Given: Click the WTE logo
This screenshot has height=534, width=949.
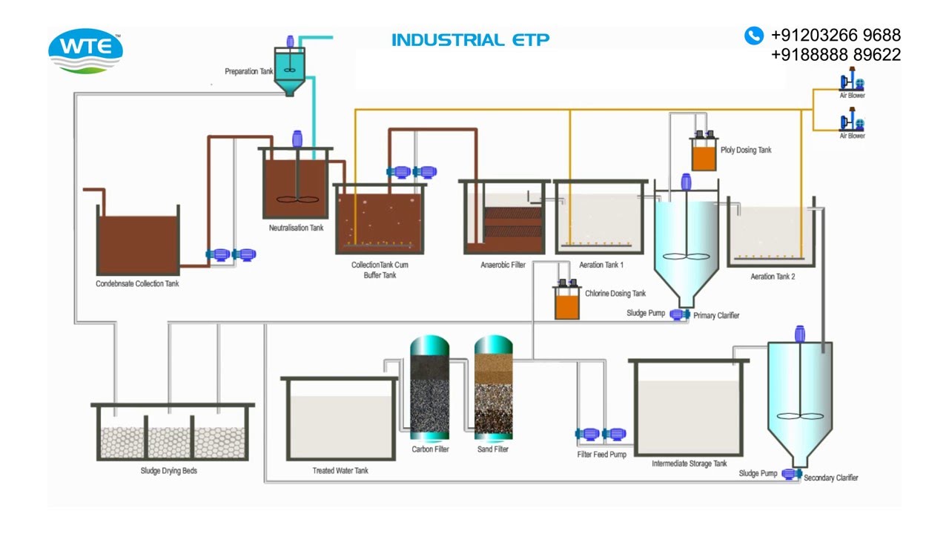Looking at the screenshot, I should (x=85, y=50).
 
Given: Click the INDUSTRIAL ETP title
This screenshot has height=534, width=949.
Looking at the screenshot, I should (x=470, y=40).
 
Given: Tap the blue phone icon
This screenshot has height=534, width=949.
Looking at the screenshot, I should (x=753, y=35).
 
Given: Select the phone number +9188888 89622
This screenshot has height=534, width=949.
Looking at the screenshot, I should (x=836, y=55).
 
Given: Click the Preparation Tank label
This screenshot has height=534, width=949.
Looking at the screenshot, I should (x=249, y=72).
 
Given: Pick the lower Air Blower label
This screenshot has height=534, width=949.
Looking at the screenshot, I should (x=852, y=136).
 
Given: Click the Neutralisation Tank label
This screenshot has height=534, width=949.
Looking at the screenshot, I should (x=296, y=228).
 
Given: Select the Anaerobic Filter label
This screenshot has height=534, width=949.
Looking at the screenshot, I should (x=503, y=265).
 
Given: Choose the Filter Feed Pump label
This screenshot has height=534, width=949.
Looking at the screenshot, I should (x=601, y=455).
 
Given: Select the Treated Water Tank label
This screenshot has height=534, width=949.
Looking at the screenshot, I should (x=340, y=471).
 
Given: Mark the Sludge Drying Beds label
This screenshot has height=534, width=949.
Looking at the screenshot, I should (x=169, y=471).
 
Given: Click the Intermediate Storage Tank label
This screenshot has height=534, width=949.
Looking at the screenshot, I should (x=689, y=464).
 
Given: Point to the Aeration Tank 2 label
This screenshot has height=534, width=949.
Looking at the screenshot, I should (x=773, y=277).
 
